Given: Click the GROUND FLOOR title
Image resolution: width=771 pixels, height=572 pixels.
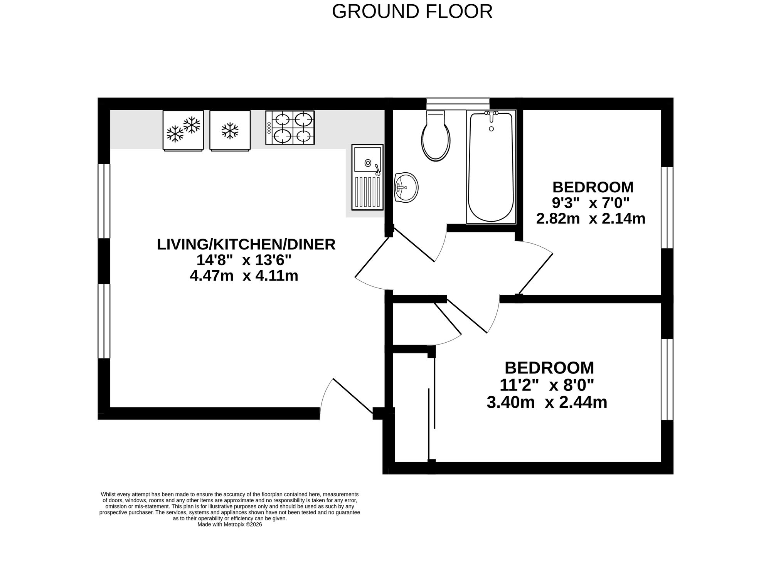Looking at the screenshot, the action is tap(412, 12).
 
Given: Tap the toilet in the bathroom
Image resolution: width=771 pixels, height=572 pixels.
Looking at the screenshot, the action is tap(436, 136).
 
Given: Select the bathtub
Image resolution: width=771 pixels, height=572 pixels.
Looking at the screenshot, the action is tap(491, 167).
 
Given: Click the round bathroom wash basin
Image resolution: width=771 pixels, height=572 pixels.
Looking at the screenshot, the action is tap(406, 187).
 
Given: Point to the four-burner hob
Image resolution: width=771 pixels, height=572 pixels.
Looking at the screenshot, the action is tap(290, 128).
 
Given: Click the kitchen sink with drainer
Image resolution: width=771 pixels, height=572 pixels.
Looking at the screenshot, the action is tap(367, 177).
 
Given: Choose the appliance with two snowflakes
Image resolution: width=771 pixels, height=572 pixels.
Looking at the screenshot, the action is tap(183, 130).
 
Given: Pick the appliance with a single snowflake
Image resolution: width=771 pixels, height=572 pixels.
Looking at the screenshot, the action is tap(230, 130).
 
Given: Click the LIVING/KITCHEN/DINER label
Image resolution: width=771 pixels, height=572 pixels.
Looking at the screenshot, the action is tap(246, 244).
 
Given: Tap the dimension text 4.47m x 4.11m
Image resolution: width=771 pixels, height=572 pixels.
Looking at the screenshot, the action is tap(244, 276).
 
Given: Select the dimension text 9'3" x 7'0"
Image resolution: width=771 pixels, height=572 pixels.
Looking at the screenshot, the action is tap(591, 203).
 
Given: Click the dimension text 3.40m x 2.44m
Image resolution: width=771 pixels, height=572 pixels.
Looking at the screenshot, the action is tap(547, 403).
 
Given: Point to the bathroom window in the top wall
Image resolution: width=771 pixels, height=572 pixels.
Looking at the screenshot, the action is tap(458, 104).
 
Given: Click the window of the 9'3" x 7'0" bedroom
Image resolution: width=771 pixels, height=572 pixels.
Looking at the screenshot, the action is tap(667, 207).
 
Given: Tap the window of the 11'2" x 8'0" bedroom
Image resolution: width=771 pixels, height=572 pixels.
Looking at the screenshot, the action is tap(667, 379).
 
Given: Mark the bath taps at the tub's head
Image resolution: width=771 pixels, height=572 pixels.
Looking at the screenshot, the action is tap(491, 114).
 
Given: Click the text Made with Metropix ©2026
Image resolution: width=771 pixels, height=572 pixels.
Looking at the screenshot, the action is tap(230, 525).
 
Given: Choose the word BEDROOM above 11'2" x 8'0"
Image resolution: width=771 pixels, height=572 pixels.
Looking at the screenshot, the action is tap(549, 368).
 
